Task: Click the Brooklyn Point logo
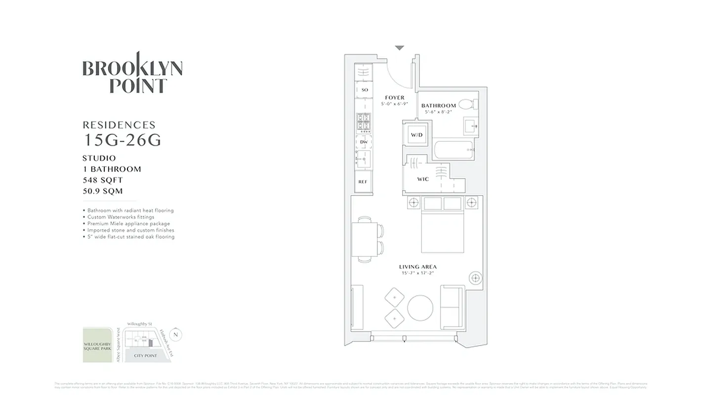132,73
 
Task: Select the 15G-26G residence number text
122,140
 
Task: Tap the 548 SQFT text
103,180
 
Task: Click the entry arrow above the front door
399,48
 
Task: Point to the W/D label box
416,135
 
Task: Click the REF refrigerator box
363,182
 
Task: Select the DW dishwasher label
364,142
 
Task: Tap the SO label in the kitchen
365,90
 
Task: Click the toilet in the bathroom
466,105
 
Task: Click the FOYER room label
395,98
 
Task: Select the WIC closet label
423,179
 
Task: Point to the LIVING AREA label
418,267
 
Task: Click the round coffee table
420,308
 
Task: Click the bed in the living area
442,226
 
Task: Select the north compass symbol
176,335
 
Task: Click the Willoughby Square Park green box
97,345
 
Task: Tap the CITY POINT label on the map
146,355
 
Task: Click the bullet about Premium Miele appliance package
128,224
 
